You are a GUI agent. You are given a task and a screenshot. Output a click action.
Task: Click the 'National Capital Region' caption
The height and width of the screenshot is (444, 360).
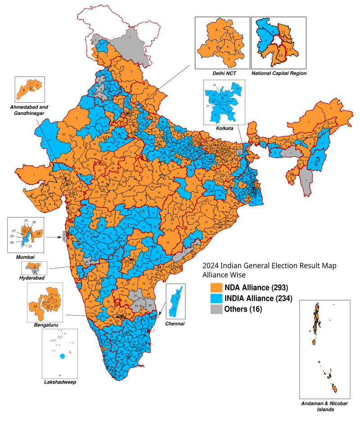pos(279,73)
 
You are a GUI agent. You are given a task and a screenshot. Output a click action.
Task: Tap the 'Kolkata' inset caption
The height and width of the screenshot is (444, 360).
pos(224,128)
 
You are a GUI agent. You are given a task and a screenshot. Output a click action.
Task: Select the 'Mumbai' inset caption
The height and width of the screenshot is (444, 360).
pos(25,256)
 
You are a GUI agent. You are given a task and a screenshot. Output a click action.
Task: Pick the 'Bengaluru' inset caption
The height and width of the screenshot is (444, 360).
pos(45,324)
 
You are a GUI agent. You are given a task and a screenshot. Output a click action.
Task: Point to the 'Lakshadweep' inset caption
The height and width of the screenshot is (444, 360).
pos(60,382)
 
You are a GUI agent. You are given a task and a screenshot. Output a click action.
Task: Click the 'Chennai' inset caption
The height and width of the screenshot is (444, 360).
pos(175,324)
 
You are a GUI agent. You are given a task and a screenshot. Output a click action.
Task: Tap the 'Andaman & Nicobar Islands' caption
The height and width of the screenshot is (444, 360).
pos(324,407)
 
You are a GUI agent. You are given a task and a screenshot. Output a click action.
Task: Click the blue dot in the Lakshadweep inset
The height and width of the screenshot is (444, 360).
pos(62,356)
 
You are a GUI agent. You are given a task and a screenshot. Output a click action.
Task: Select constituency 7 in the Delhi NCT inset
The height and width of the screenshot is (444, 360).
pos(228,59)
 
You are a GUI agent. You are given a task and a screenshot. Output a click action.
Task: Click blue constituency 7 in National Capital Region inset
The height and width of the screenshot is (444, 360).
pos(266,41)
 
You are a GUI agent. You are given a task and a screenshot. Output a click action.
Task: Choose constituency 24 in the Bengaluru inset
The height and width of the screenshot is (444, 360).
pos(35,307)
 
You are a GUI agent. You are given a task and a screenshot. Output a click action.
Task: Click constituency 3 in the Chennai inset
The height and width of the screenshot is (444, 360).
pos(175,310)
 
